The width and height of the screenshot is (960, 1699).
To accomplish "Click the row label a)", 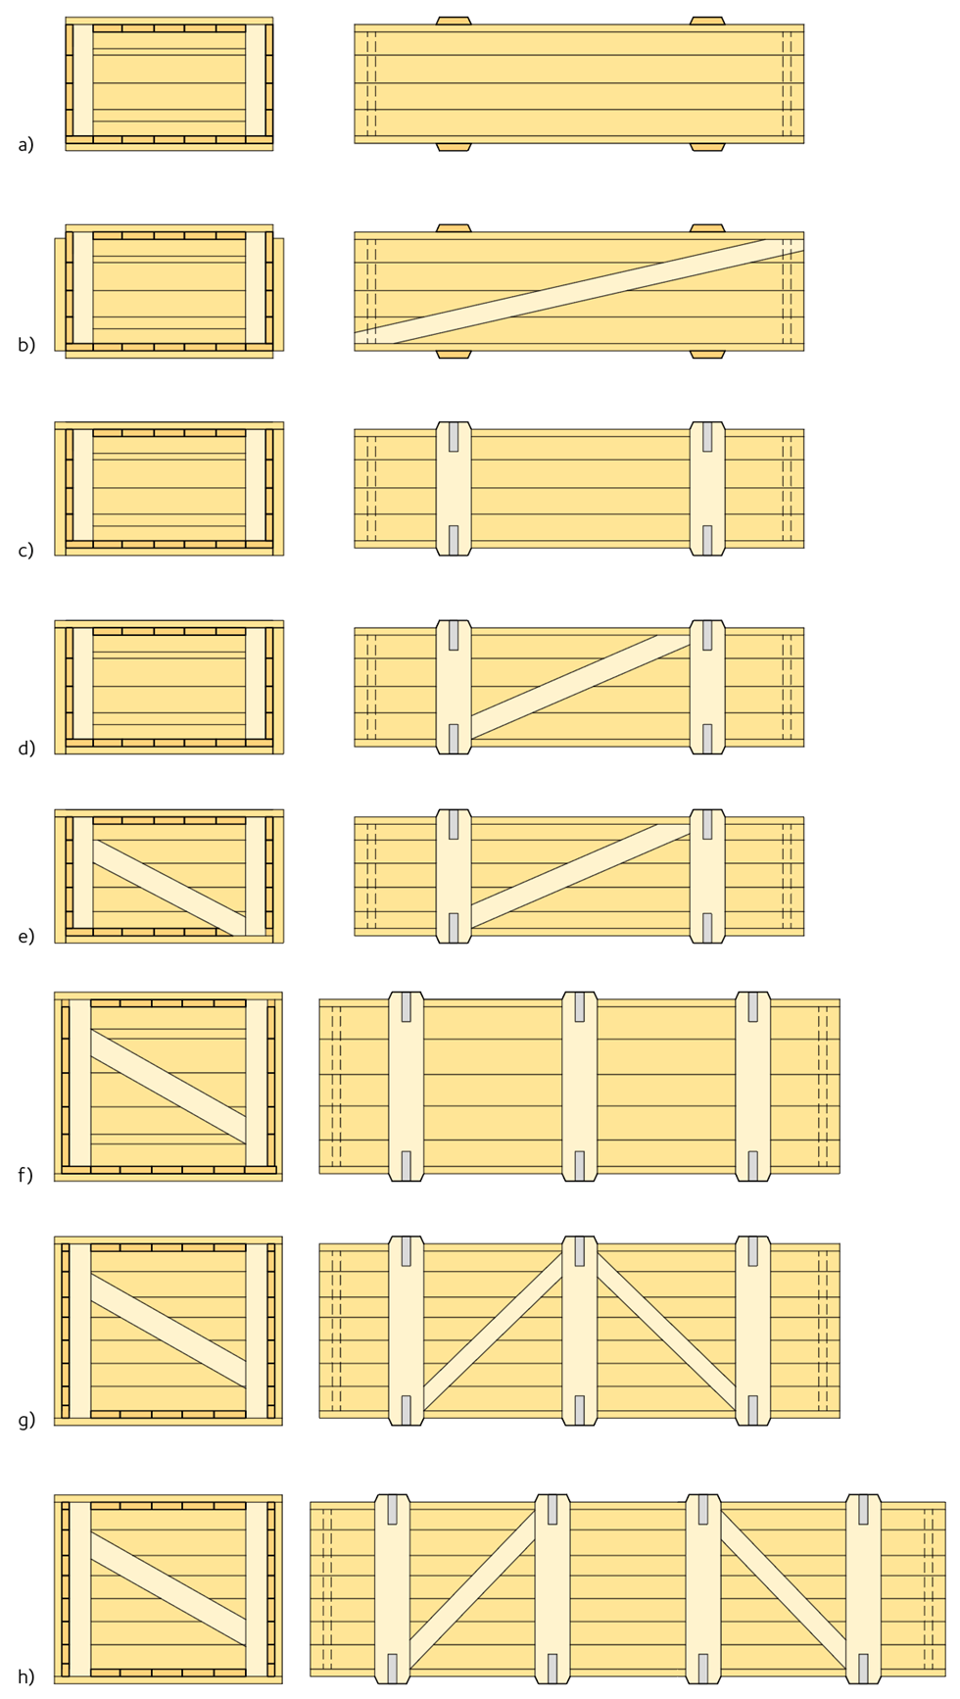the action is click(25, 145).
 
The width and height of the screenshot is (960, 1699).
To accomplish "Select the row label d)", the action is click(26, 749).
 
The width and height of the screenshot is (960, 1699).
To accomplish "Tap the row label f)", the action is click(25, 1174).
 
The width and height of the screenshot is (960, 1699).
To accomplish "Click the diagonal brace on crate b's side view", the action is click(579, 291).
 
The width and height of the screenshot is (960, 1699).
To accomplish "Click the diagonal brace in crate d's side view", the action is click(580, 686).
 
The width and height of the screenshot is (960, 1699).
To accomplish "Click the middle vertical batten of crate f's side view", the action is click(580, 1086).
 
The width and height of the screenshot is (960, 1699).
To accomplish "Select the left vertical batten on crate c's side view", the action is click(454, 489).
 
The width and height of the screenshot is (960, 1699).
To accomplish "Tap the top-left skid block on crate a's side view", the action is click(454, 21).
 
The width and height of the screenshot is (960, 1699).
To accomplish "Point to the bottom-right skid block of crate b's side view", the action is click(707, 354).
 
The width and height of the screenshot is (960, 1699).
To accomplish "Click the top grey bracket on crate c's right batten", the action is click(707, 437).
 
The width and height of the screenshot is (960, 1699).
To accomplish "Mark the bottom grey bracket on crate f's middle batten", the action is click(580, 1166).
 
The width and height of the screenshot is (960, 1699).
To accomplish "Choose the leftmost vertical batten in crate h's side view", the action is click(392, 1588).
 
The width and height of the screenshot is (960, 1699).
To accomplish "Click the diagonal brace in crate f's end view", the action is click(168, 1086).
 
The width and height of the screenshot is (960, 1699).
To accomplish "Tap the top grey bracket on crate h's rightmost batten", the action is click(863, 1509).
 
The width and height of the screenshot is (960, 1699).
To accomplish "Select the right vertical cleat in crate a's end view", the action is click(256, 80).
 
